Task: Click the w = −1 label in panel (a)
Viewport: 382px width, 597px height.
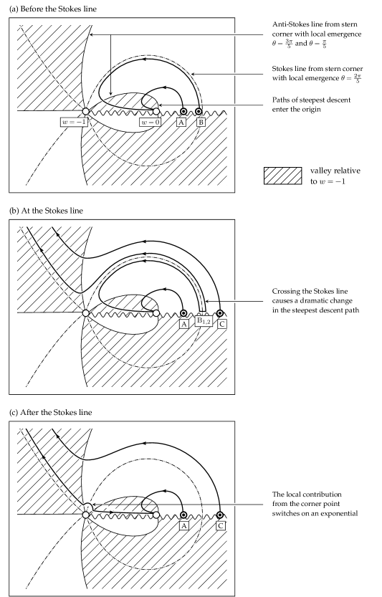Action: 75,123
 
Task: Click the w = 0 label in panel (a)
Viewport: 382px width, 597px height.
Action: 151,123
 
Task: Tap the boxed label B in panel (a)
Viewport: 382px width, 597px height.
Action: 201,123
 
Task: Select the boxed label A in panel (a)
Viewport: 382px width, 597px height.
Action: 181,123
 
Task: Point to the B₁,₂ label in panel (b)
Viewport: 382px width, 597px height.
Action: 204,321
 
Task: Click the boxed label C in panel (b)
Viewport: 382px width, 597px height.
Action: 221,324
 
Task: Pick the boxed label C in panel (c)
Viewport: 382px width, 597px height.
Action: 220,526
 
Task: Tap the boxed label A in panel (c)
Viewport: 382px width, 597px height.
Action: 183,526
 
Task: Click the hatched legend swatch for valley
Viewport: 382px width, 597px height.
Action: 282,176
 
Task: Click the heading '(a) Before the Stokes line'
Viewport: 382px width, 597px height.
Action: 53,9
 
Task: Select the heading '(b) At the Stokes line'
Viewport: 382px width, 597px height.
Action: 46,211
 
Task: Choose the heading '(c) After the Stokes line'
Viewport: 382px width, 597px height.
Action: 51,412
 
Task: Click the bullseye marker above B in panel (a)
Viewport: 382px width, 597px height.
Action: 199,112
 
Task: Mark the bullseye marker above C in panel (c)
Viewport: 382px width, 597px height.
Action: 220,515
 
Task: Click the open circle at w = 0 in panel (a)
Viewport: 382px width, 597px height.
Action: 156,112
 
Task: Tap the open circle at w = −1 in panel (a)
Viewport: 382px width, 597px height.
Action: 86,111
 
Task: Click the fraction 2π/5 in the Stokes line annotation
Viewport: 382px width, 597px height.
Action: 357,78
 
